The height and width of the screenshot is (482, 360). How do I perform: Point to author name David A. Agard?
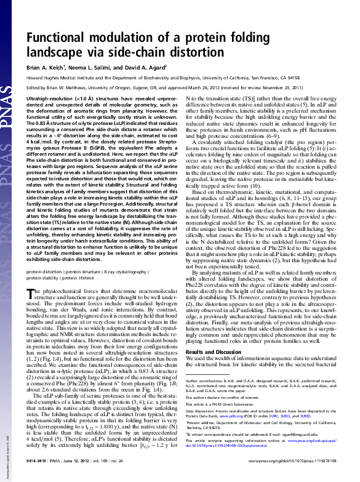151,66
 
